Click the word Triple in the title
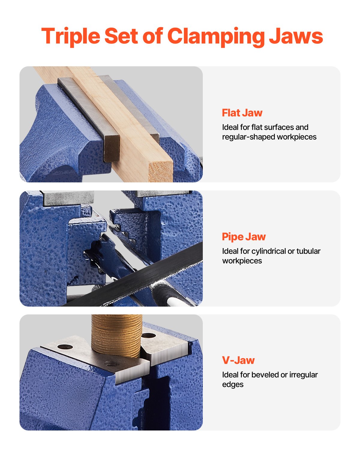coord(71,36)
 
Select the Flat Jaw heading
coord(242,113)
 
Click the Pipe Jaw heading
coord(244,237)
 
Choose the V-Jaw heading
coord(238,360)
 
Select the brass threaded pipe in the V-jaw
coord(116,334)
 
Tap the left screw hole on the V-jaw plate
coord(65,347)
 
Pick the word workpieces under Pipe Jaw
coord(242,261)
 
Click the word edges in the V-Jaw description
coord(232,384)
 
